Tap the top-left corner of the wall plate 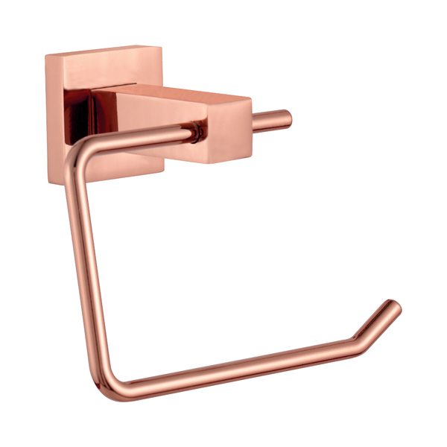[x=46, y=57]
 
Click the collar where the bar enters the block [x=195, y=133]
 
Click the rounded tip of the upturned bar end [x=394, y=305]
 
